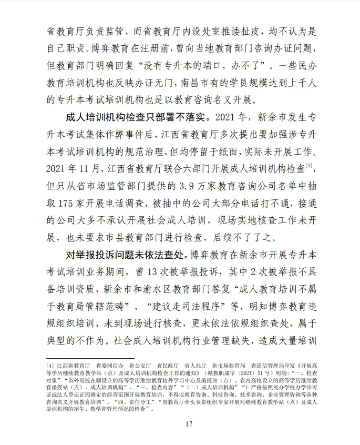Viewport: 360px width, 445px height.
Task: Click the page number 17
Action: pyautogui.click(x=180, y=424)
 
